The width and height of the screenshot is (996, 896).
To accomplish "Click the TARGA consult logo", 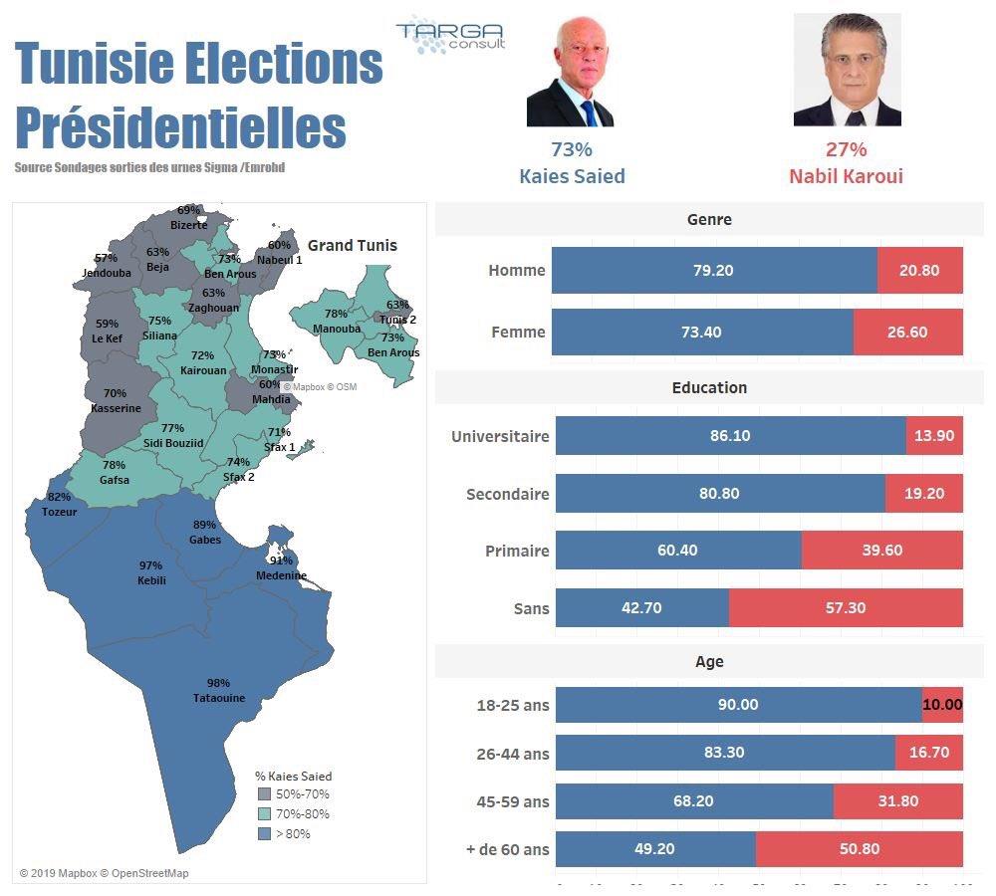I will pos(450,36).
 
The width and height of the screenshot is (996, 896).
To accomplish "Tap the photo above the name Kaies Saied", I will pos(570,71).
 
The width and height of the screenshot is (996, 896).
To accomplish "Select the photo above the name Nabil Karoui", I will pos(847,70).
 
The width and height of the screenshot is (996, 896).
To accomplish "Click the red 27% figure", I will pos(846,149).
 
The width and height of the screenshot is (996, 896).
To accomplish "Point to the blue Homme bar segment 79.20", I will pos(714,270).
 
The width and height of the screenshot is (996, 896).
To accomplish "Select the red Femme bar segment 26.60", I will pos(907,332).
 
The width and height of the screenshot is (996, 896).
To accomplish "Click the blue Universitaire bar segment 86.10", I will pos(730,436).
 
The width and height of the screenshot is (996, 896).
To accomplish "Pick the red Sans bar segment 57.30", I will pos(846,607).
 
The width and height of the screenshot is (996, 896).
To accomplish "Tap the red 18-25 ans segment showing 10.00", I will pos(942,704).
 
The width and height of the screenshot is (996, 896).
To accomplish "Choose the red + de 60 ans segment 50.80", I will pos(860,849).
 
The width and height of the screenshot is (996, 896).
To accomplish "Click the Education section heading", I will pos(709,387).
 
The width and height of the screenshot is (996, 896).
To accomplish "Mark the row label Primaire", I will pos(517,551).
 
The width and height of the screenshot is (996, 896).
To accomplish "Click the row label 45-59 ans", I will pos(513,801).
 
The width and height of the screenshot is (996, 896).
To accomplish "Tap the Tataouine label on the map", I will pos(219,698).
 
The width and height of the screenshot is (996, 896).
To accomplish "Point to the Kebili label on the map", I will pos(151,580).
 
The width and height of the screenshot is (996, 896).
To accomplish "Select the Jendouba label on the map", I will pos(107,273).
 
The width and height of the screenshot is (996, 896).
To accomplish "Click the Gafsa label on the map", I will pos(115,480).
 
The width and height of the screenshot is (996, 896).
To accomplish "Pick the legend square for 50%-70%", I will pos(264,794).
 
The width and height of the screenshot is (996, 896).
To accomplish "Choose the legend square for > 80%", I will pos(264,833).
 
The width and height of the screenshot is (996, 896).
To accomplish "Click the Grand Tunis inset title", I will pos(352,245).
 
